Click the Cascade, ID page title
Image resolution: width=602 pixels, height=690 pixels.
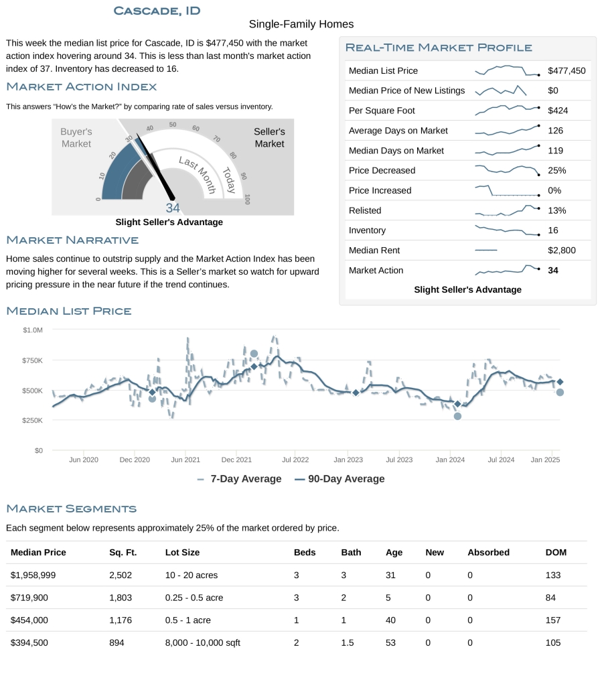click(157, 11)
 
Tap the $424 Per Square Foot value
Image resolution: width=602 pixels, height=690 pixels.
click(557, 111)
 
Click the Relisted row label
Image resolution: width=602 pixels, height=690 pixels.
click(365, 210)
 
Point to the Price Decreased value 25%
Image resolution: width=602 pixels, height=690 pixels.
click(556, 171)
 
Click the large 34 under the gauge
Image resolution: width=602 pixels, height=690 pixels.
click(173, 208)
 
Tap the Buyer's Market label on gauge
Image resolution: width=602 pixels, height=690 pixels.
click(76, 137)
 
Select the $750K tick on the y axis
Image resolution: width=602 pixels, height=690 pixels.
click(32, 360)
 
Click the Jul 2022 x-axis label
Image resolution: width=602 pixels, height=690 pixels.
click(295, 460)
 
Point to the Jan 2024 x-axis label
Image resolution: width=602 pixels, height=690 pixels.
click(450, 460)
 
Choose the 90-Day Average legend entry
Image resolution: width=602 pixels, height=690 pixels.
click(340, 479)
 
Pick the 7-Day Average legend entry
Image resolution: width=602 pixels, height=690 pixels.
click(239, 479)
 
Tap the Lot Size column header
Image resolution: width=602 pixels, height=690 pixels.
click(182, 553)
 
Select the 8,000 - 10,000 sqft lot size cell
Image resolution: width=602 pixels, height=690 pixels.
click(202, 643)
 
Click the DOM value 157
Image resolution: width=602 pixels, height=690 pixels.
click(553, 620)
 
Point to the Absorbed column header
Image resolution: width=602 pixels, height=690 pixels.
click(488, 553)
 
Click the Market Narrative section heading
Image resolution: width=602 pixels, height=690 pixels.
click(72, 240)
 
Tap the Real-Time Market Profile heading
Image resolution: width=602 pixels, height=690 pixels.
click(439, 48)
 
